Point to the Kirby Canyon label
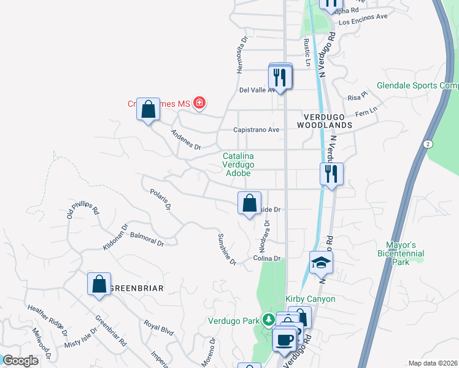[x=310, y=299]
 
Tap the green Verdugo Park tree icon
[x=268, y=319]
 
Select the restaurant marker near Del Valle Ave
[x=280, y=77]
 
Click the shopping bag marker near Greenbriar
[x=99, y=285]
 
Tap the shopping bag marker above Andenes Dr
[x=148, y=110]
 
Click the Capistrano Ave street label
[x=256, y=130]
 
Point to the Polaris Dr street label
[x=160, y=200]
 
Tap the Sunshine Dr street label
[x=227, y=249]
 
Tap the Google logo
[x=21, y=361]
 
